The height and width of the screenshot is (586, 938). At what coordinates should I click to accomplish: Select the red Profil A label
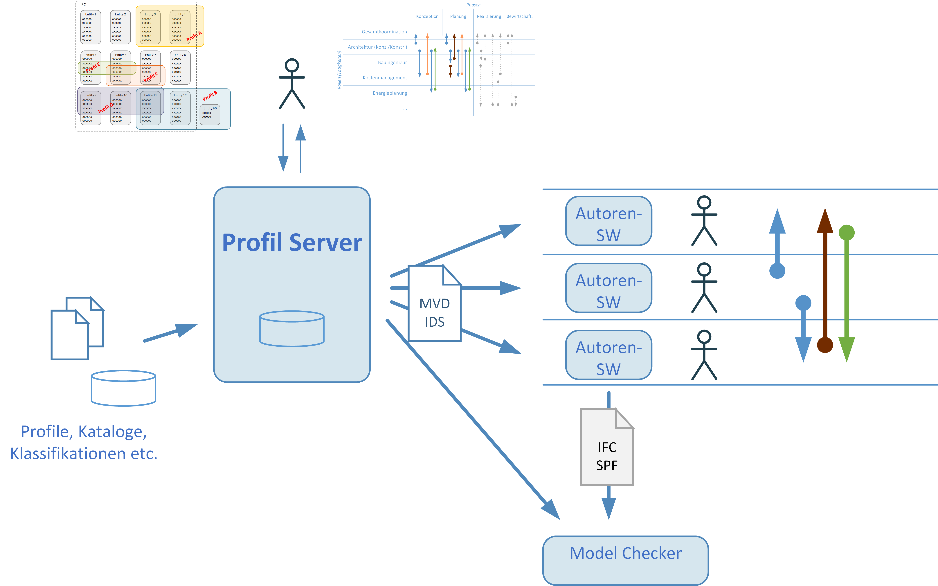point(194,36)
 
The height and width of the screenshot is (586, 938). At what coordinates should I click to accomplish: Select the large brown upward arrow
point(825,279)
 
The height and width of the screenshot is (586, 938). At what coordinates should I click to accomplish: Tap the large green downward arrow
point(847,294)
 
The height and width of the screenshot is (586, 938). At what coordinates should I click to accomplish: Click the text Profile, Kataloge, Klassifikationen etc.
point(84,443)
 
